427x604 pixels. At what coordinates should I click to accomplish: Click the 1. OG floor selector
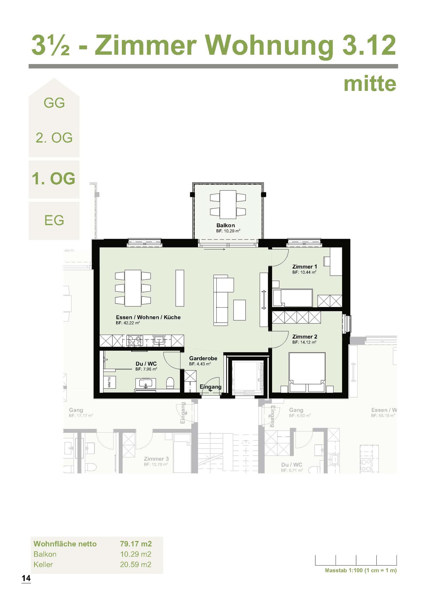(54, 179)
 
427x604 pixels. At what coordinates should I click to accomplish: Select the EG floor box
(54, 220)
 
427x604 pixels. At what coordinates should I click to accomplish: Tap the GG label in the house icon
(54, 103)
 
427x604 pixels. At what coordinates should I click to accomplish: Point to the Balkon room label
(225, 225)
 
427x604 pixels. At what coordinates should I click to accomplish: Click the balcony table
(228, 204)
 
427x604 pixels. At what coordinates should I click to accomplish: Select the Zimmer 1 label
(304, 267)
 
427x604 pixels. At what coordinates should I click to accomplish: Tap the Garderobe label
(203, 358)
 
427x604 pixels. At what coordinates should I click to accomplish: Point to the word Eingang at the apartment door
(210, 387)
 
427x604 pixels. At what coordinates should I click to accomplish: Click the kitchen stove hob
(135, 341)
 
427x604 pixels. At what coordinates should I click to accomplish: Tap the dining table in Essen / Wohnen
(133, 288)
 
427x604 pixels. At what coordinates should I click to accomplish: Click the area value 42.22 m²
(128, 323)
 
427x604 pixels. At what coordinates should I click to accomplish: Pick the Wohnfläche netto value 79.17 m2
(136, 544)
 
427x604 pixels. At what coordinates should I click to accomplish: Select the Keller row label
(43, 564)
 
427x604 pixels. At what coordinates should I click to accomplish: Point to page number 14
(26, 578)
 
